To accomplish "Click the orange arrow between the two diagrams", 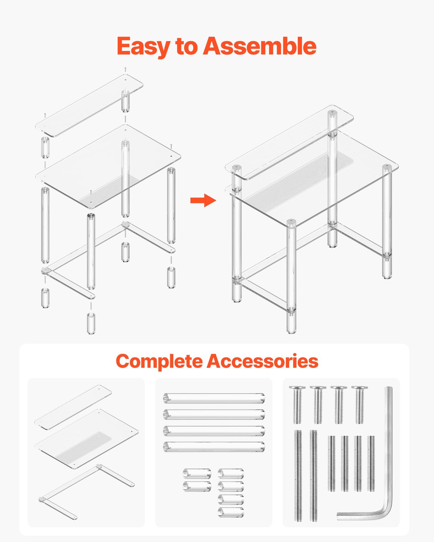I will (x=203, y=200).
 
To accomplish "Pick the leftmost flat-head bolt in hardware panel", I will (x=297, y=404).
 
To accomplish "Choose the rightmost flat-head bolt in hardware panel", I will (x=360, y=404).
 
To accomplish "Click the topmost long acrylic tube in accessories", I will (x=214, y=398).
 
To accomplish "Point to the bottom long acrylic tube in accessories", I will (x=214, y=447).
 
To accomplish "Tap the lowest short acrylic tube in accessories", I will (x=231, y=512).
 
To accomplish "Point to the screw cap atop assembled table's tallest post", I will (x=332, y=113).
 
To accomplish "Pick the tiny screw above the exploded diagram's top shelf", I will (x=125, y=69).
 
